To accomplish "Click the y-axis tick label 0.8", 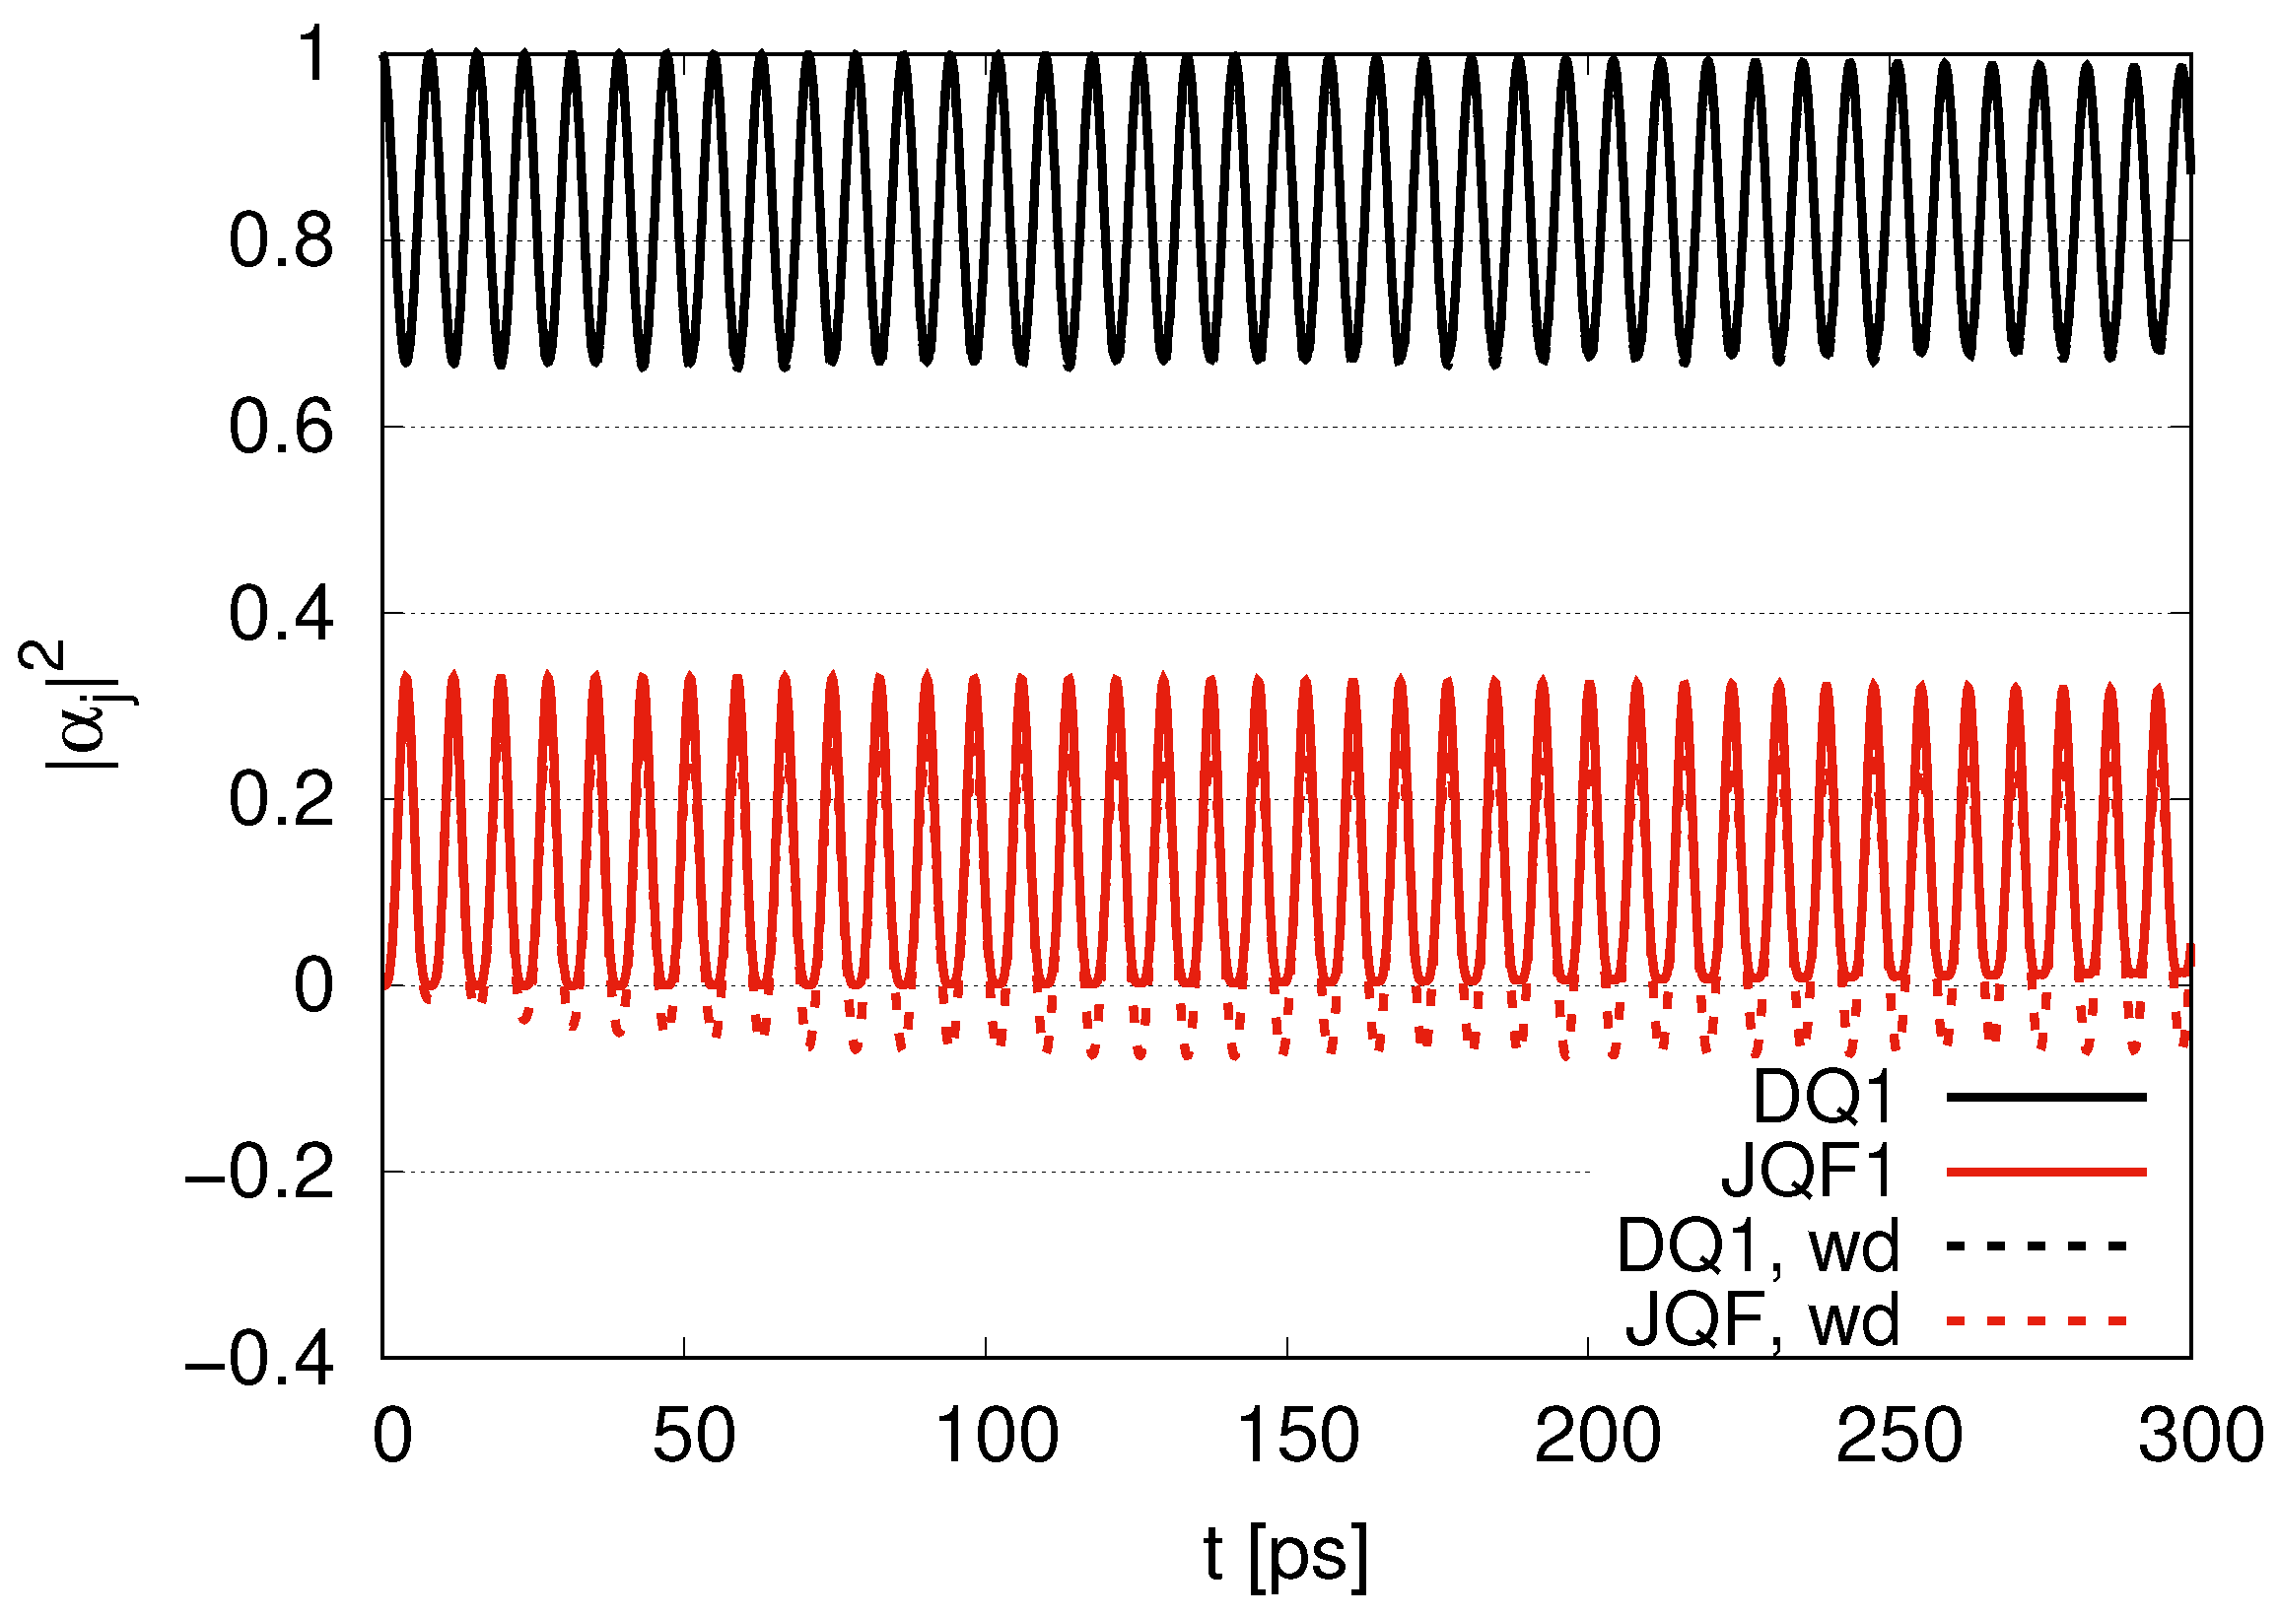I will tap(282, 240).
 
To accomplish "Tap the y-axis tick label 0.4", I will tap(282, 614).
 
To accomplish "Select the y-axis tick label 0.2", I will tap(282, 800).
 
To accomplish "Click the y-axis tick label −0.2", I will tap(260, 1174).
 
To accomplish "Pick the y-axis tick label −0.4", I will tap(260, 1359).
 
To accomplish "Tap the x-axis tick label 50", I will tap(694, 1436).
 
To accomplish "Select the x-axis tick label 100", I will tap(997, 1436).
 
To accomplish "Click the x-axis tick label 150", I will tap(1298, 1436).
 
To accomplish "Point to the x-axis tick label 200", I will tap(1597, 1436).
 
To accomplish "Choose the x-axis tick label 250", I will tap(1899, 1436).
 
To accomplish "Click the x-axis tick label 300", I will tap(2200, 1436).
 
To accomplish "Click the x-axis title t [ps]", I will tap(1284, 1552).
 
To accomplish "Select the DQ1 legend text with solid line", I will tap(1824, 1097).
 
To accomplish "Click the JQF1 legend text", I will tap(1806, 1172).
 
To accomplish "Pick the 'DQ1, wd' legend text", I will tap(1759, 1245).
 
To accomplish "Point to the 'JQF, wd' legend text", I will tap(1762, 1320).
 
